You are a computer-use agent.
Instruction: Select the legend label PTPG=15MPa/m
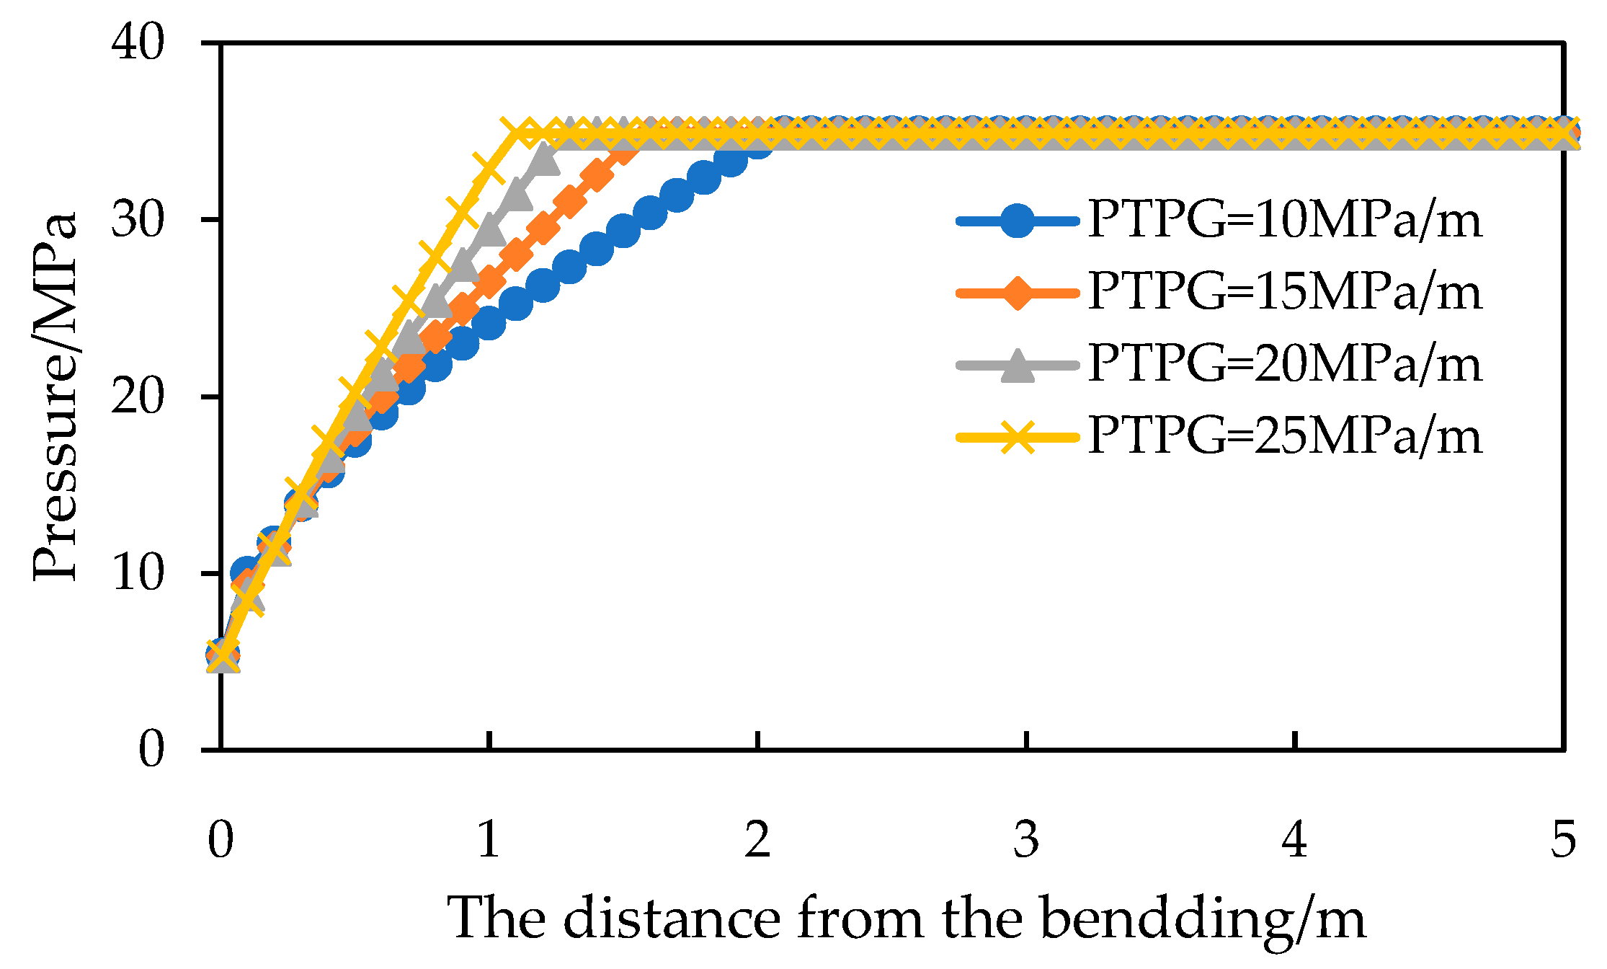pyautogui.click(x=1284, y=292)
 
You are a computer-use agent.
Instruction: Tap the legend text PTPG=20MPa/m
pyautogui.click(x=1284, y=364)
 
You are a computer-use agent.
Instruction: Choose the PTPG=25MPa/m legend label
pyautogui.click(x=1284, y=436)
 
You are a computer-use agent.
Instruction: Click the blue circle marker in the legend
pyautogui.click(x=1017, y=221)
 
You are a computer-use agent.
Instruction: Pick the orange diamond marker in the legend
pyautogui.click(x=1017, y=293)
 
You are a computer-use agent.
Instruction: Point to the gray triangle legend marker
pyautogui.click(x=1017, y=365)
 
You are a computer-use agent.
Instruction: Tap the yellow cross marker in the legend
pyautogui.click(x=1017, y=437)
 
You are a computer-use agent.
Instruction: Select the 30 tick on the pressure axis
pyautogui.click(x=138, y=220)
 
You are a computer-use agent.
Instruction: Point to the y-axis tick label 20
pyautogui.click(x=138, y=397)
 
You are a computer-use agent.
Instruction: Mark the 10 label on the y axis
pyautogui.click(x=138, y=573)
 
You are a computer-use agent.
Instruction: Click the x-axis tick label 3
pyautogui.click(x=1026, y=840)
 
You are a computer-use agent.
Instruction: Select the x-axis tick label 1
pyautogui.click(x=489, y=840)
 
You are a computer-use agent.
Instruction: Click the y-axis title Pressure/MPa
pyautogui.click(x=55, y=397)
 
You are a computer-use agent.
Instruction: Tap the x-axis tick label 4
pyautogui.click(x=1295, y=840)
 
